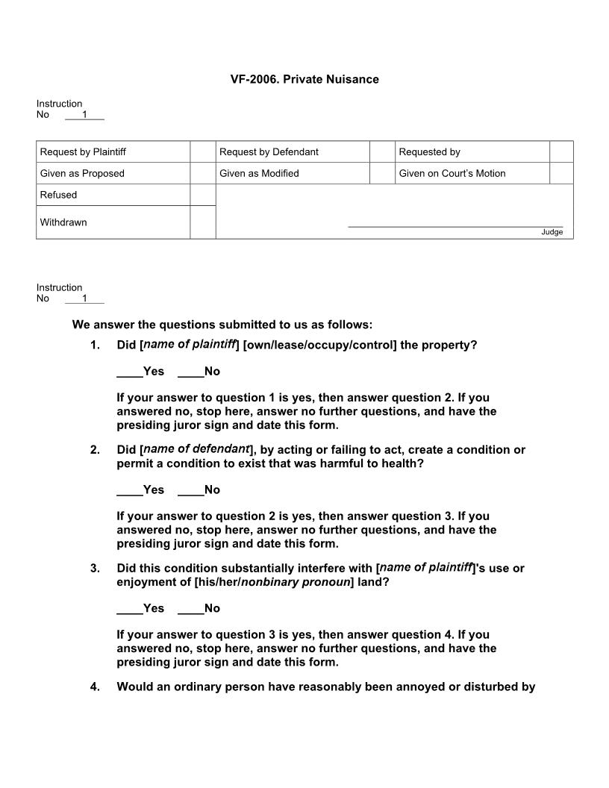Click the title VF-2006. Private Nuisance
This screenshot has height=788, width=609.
click(304, 79)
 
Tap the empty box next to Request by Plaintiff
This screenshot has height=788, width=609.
click(202, 152)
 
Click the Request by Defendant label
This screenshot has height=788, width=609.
click(269, 152)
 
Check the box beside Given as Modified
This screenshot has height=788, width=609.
click(381, 173)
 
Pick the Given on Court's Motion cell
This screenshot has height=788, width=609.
click(452, 173)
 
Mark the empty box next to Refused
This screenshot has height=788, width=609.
click(202, 195)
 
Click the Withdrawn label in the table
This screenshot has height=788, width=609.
click(63, 222)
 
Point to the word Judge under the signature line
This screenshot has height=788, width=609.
click(552, 232)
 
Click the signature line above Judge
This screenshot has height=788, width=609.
click(455, 225)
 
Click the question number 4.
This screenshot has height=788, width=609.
click(95, 687)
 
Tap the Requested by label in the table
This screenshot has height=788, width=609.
click(429, 152)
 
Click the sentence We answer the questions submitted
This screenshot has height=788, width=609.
click(222, 325)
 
